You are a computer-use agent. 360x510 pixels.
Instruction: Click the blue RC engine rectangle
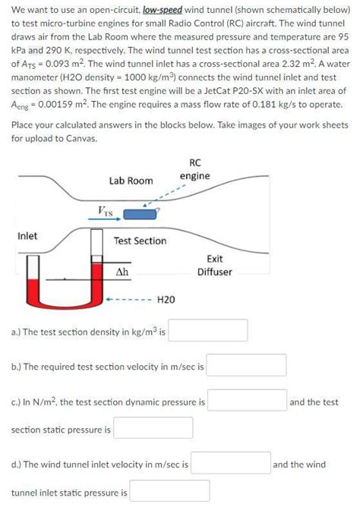[x=140, y=214]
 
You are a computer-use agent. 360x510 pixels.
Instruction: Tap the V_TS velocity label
[x=105, y=212]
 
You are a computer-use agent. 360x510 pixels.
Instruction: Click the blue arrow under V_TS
[x=105, y=219]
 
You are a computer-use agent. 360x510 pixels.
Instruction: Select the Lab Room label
[x=131, y=181]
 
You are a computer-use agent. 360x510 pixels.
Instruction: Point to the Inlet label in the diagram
[x=27, y=236]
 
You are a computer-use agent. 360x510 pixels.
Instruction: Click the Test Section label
[x=140, y=241]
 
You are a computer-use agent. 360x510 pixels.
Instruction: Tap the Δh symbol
[x=122, y=272]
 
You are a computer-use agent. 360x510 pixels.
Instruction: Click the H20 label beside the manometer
[x=166, y=299]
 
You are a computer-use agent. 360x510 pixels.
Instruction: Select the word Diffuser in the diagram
[x=215, y=272]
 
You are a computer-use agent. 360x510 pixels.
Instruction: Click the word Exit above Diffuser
[x=215, y=259]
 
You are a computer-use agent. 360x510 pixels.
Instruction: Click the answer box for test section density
[x=208, y=330]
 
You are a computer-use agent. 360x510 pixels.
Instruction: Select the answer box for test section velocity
[x=246, y=365]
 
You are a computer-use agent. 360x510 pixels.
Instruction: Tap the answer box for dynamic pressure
[x=248, y=400]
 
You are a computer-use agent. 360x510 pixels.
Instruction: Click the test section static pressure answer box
[x=153, y=428]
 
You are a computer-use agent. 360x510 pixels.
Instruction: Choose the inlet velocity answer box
[x=231, y=463]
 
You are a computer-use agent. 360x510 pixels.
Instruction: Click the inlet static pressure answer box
[x=170, y=491]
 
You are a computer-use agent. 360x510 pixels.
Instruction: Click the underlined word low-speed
[x=163, y=10]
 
